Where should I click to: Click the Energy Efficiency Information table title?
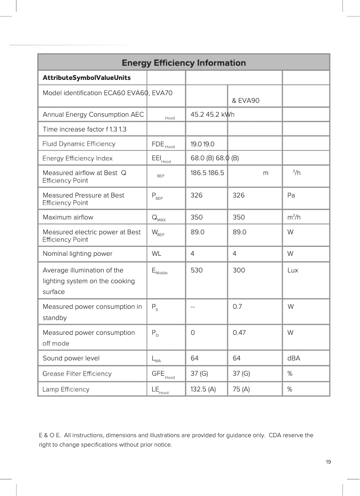[184, 63]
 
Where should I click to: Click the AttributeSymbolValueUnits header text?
[87, 78]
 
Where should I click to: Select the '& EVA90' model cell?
[246, 100]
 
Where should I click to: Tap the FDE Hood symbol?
[163, 144]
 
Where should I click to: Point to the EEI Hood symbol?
[161, 158]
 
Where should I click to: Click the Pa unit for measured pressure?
[291, 195]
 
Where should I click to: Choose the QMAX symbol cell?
[159, 218]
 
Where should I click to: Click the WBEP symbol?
[158, 233]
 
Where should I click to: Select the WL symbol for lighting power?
[157, 254]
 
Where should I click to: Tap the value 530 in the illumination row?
[197, 270]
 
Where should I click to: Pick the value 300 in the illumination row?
[239, 270]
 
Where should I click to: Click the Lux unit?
[293, 270]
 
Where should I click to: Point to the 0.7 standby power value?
[238, 307]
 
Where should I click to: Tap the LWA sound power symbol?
[157, 359]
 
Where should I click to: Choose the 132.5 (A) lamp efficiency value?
[203, 389]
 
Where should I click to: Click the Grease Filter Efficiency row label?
[77, 373]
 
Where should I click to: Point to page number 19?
[329, 462]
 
